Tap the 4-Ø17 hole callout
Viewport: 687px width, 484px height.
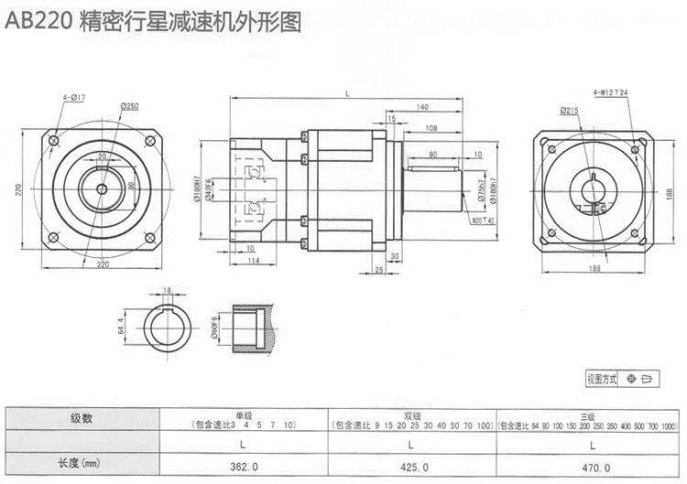(x=74, y=96)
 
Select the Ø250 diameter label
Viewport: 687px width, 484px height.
(x=128, y=107)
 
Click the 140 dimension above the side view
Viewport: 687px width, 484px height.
(x=422, y=107)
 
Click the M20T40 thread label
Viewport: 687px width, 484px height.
(x=483, y=220)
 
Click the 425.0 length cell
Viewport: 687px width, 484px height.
(x=409, y=465)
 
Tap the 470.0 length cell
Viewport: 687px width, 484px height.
(x=593, y=465)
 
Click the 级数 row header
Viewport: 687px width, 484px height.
(x=82, y=420)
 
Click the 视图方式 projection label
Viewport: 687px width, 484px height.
(x=602, y=378)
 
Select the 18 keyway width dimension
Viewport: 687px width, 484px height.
(x=166, y=291)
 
